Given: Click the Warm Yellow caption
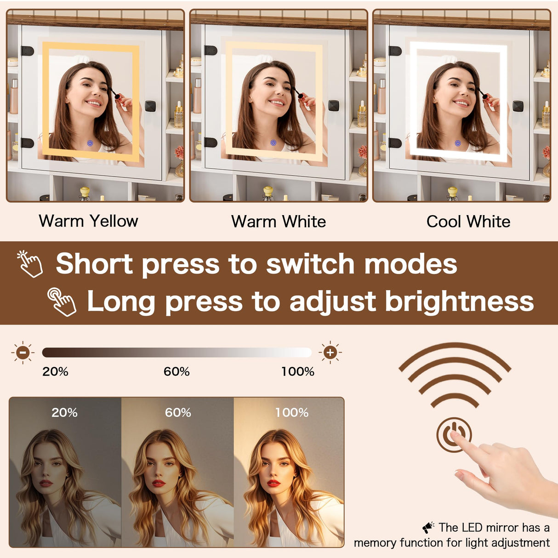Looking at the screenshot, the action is tap(88, 222).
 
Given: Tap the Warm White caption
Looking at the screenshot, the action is tap(279, 222).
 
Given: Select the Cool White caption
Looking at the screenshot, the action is tap(468, 222).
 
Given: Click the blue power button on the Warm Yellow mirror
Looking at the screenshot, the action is tap(91, 143).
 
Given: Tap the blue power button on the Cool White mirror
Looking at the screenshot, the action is tap(457, 143).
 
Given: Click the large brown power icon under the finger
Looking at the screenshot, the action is tap(454, 435).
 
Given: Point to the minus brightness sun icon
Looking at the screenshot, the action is tap(23, 353).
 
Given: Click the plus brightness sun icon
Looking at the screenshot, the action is tap(330, 353).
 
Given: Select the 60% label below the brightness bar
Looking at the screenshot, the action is tap(177, 371).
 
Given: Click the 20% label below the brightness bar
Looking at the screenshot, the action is tap(55, 371).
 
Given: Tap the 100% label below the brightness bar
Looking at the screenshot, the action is tap(298, 371).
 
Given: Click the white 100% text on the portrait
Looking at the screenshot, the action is tap(291, 413).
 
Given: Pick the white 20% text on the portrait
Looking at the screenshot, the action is tap(64, 413).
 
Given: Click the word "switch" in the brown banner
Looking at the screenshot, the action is tap(310, 264).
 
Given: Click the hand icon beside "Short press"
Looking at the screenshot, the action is tap(30, 264).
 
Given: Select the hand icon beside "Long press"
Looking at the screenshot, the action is tap(62, 302).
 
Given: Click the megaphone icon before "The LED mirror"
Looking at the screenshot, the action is tap(428, 528).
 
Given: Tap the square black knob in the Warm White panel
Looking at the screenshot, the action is tap(333, 105).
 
